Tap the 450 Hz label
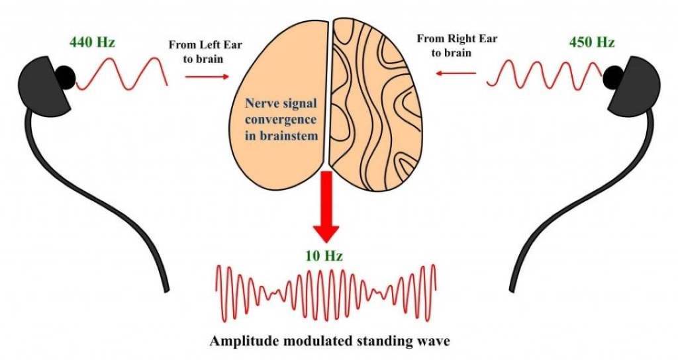tap(591, 44)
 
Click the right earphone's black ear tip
tap(612, 77)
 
